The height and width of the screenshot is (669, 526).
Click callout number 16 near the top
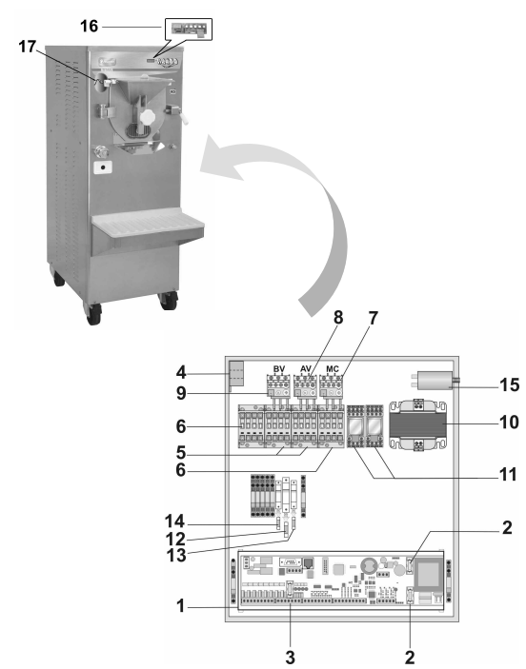[90, 26]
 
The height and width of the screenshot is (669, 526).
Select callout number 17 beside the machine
[28, 46]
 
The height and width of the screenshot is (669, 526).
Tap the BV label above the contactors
[279, 369]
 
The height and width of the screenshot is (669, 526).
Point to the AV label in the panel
[306, 369]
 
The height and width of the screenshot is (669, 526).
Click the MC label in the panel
[333, 369]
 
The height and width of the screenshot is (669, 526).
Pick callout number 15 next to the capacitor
[510, 384]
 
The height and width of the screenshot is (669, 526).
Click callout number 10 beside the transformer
[510, 423]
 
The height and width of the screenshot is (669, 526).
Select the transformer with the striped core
[418, 425]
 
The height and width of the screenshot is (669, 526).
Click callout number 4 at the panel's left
[181, 372]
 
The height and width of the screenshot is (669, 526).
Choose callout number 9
[181, 393]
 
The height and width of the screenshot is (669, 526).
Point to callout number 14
[174, 521]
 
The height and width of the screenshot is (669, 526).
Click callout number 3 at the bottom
[290, 657]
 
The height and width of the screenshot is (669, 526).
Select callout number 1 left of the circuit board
[181, 606]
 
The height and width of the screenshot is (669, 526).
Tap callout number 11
[509, 475]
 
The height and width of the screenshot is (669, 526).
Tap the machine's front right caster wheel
[169, 301]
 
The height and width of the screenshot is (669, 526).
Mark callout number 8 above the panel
[338, 318]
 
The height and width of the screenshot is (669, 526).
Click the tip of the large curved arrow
[200, 170]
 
